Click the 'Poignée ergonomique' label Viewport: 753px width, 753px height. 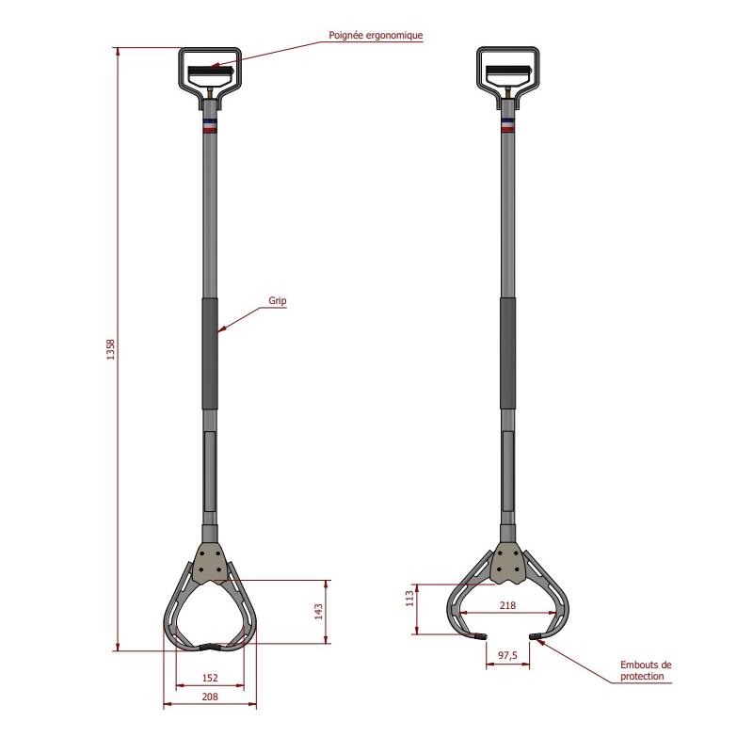(x=376, y=36)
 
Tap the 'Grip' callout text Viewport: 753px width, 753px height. (x=277, y=300)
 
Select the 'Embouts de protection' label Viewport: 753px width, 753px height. (x=646, y=670)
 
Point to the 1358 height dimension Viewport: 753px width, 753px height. (x=111, y=349)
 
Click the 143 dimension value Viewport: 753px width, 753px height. (x=318, y=611)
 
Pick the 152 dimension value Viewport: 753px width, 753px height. (x=210, y=678)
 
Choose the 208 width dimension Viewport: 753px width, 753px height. (x=210, y=697)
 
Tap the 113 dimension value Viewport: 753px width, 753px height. (x=409, y=599)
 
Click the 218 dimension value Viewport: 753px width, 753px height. (x=507, y=605)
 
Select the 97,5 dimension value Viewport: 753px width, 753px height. (x=507, y=655)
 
